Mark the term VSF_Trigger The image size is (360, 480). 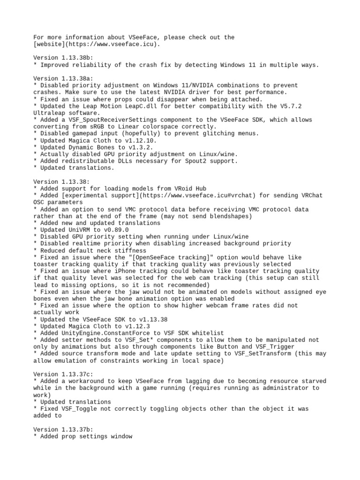click(275, 347)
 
